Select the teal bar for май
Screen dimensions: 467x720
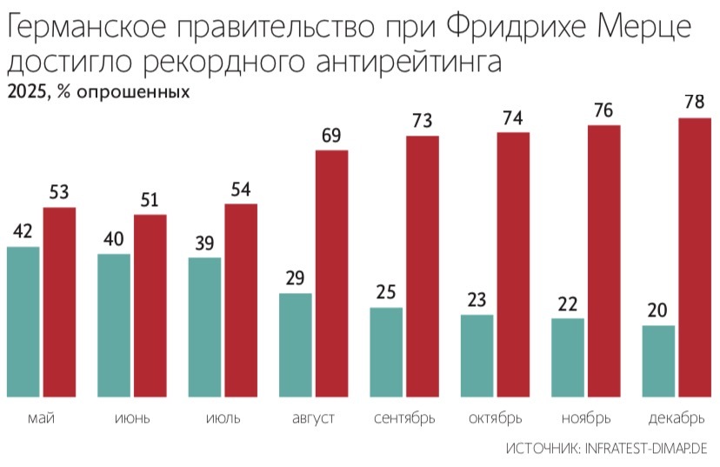[23, 323]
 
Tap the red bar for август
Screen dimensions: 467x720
[331, 275]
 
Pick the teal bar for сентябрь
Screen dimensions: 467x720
[386, 353]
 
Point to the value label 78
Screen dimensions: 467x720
[695, 103]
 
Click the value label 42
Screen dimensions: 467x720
[23, 231]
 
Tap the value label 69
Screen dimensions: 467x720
[331, 136]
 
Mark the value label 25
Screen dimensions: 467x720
[386, 292]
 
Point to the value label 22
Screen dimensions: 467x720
[568, 304]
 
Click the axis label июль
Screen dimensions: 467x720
[223, 419]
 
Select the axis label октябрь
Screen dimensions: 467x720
[495, 419]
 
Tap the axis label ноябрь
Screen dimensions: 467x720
[586, 419]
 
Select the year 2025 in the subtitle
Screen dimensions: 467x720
[27, 92]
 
